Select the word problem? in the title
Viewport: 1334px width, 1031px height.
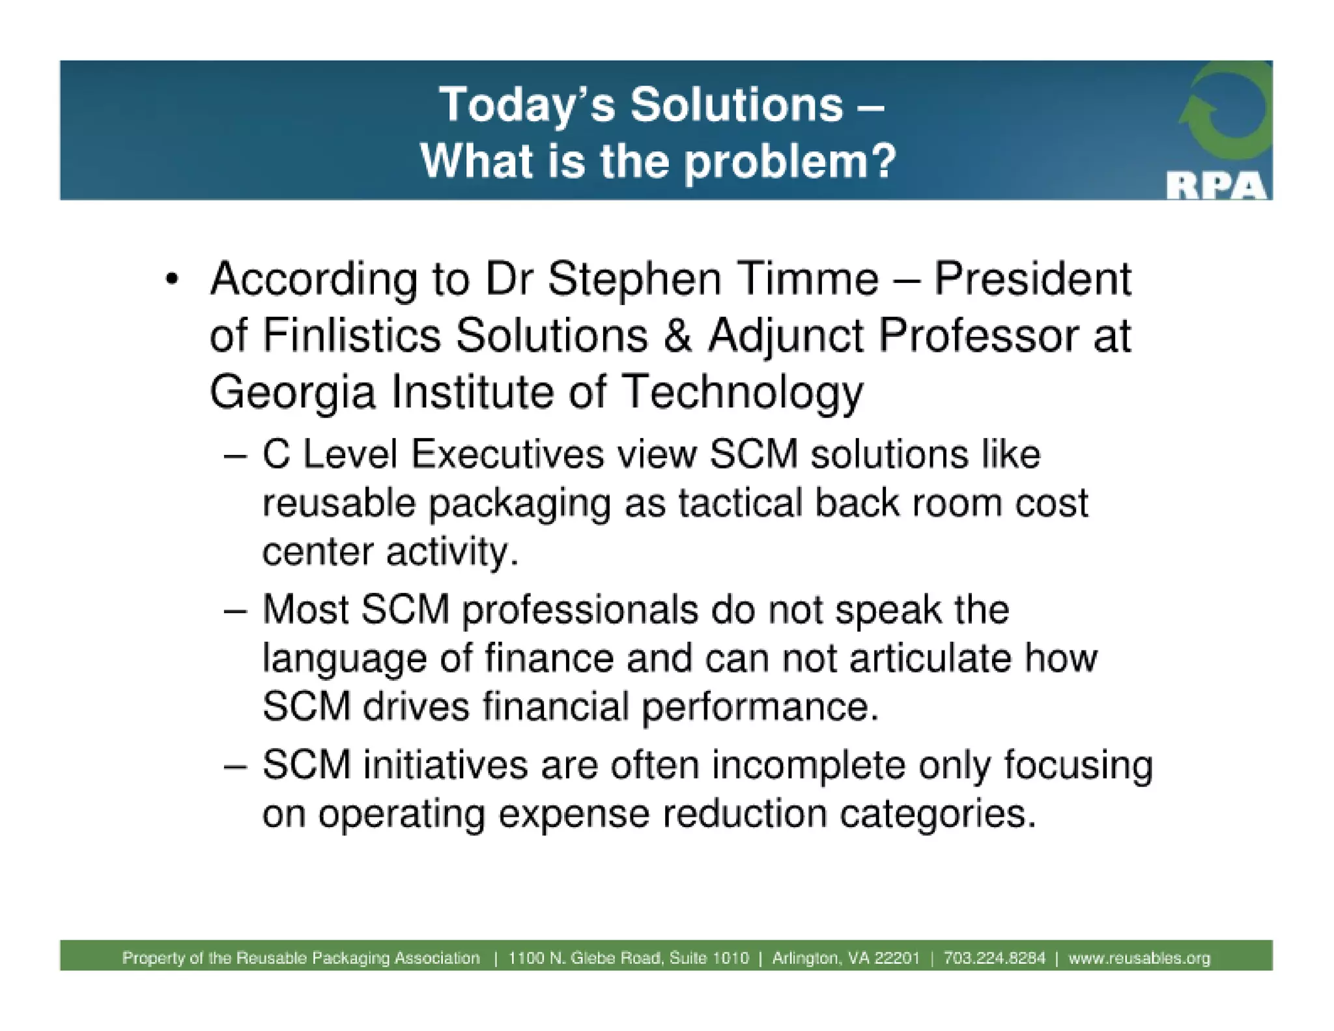[x=790, y=161]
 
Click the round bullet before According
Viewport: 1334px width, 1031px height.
[x=171, y=280]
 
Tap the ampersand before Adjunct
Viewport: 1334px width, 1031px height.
[x=677, y=336]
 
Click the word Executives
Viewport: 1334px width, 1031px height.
[x=507, y=454]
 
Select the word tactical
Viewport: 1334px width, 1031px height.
[x=740, y=503]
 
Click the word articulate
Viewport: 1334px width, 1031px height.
[x=930, y=658]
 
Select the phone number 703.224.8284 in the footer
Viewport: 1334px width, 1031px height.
[x=994, y=958]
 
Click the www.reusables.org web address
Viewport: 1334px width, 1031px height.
[x=1139, y=958]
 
